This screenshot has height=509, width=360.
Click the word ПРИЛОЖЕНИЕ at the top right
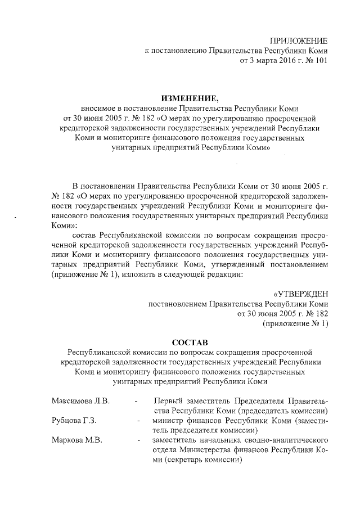tap(299, 39)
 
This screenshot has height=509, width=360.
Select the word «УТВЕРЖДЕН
tap(300, 294)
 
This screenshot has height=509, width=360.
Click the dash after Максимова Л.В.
tap(136, 402)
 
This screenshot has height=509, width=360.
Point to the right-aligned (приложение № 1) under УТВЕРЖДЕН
tap(295, 325)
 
